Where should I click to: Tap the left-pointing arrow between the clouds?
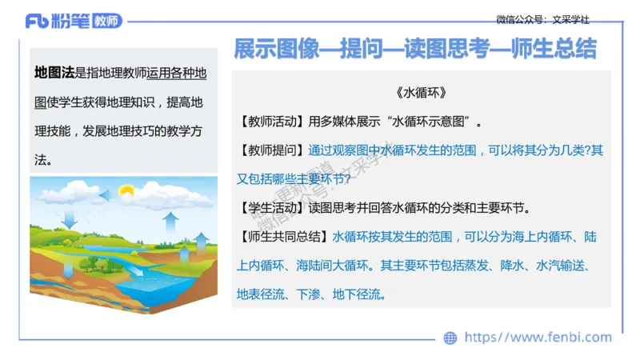pyautogui.click(x=102, y=194)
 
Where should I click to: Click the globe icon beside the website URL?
pyautogui.click(x=450, y=338)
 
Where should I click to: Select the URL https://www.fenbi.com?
pyautogui.click(x=538, y=338)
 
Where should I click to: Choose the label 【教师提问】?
pyautogui.click(x=270, y=150)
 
